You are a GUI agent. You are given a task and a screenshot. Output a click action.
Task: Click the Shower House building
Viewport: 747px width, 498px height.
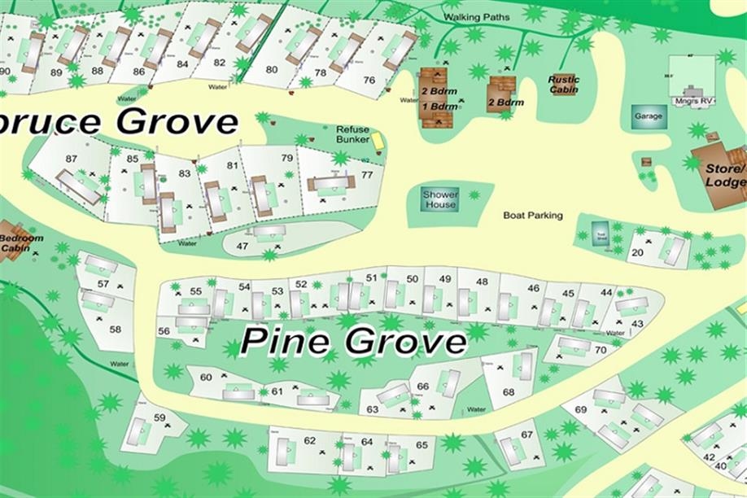click(440, 199)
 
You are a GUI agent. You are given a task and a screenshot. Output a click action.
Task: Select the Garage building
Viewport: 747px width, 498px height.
click(649, 116)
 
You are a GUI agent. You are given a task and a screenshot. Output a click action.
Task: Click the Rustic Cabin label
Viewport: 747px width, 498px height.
click(563, 84)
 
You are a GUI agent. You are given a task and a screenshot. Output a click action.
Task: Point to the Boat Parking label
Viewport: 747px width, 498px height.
click(533, 216)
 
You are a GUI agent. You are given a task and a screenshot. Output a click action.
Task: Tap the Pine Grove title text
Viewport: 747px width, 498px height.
click(353, 340)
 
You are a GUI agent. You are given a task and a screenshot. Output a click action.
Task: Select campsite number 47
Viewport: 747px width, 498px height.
click(242, 246)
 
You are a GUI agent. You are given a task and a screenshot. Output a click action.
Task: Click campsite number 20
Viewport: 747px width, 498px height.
click(637, 252)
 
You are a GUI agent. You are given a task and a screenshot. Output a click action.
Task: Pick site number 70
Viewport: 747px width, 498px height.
click(601, 350)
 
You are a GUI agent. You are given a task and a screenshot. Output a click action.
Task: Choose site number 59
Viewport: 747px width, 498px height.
click(159, 418)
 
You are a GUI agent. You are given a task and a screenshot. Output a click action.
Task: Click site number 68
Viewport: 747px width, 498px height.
click(509, 391)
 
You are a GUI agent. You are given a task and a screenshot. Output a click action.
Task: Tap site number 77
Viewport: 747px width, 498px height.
click(367, 175)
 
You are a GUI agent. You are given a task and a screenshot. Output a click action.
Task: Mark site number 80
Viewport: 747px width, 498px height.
click(272, 69)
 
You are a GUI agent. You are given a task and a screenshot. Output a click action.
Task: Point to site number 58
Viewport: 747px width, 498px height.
click(116, 330)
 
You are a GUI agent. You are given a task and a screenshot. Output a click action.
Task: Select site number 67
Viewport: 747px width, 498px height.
click(526, 435)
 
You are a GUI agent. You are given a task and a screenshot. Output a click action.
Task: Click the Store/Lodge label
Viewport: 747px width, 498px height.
click(723, 176)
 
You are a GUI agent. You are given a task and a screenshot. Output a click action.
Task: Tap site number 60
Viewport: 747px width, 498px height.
click(206, 377)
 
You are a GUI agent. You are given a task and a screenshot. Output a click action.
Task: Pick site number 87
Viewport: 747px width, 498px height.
click(72, 159)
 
